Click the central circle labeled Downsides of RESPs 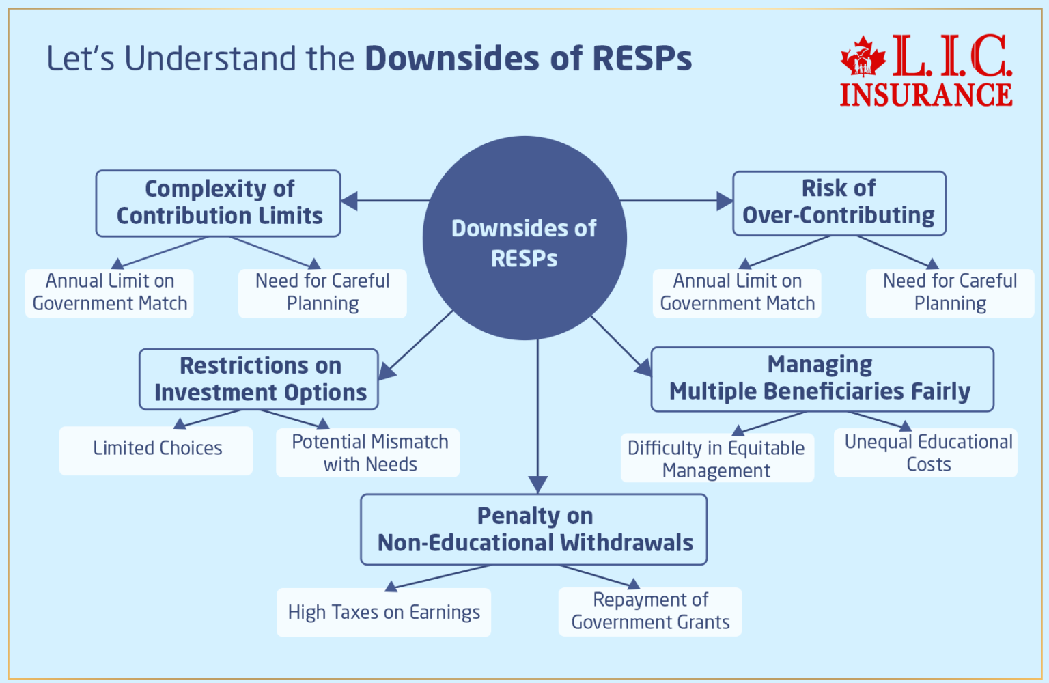524,238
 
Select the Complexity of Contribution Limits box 219,203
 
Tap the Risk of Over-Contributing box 839,203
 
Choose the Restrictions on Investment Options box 260,379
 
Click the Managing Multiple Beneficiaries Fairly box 822,378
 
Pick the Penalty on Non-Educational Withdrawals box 534,529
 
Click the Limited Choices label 157,449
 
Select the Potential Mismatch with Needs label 369,453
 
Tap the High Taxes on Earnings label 384,612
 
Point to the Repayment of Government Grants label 650,611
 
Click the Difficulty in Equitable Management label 716,459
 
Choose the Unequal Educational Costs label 927,453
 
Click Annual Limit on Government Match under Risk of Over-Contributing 737,292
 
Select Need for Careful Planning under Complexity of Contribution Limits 322,292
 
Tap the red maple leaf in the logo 863,56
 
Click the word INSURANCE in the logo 925,95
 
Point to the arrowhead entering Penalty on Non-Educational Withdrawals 538,484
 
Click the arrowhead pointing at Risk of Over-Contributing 725,201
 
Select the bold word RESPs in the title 642,59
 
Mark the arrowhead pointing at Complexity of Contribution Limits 350,201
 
